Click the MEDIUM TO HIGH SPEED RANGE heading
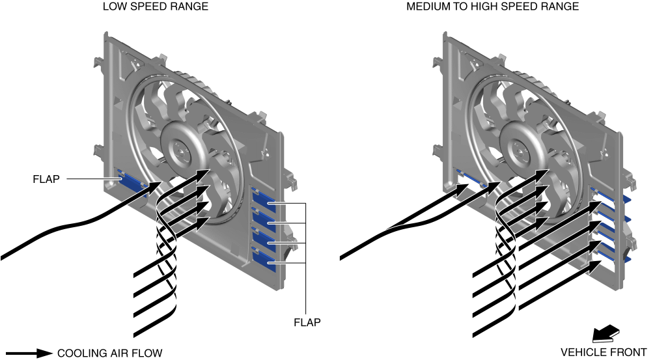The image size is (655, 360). [492, 7]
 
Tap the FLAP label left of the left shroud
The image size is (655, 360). [46, 178]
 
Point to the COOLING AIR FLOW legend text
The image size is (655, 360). [109, 353]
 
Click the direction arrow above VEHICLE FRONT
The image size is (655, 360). [604, 334]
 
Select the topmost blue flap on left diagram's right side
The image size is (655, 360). [263, 196]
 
